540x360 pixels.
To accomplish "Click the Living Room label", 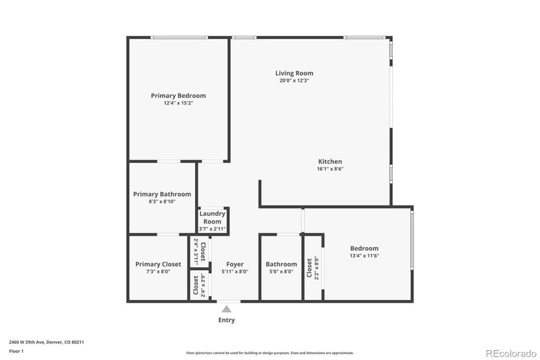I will tap(294, 73).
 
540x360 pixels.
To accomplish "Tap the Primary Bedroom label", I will tap(178, 96).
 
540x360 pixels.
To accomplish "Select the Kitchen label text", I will tap(330, 161).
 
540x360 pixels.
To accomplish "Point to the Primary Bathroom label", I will tap(161, 194).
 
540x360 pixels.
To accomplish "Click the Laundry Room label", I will tap(212, 217).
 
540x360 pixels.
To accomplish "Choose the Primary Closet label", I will tap(158, 264).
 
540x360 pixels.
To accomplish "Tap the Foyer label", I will tap(235, 264).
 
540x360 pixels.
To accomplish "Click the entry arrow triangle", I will tap(227, 309).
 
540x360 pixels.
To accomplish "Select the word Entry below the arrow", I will tap(227, 320).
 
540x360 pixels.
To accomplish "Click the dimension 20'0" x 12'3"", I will tap(294, 80).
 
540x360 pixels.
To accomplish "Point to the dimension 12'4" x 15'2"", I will tap(178, 103).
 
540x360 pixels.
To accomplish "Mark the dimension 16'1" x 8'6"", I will tap(330, 169).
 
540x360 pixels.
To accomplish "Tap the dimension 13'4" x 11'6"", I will tap(364, 256).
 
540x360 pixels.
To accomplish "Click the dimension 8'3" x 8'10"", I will tap(161, 201).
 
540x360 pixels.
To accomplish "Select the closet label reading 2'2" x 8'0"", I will tap(313, 267).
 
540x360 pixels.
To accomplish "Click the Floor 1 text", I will tap(17, 351).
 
